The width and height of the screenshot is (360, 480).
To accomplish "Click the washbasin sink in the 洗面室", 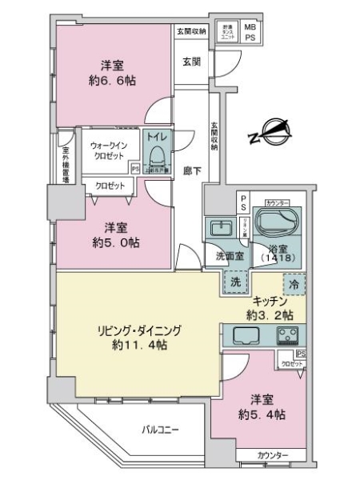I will pyautogui.click(x=218, y=230).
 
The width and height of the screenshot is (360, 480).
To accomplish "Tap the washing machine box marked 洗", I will pyautogui.click(x=235, y=281).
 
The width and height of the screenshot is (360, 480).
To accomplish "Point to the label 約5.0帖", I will pyautogui.click(x=112, y=240).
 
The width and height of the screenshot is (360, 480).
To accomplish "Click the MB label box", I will pyautogui.click(x=250, y=27).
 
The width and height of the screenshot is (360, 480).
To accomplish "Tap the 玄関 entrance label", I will pyautogui.click(x=190, y=61).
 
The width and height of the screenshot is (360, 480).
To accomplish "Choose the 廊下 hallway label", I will pyautogui.click(x=191, y=170).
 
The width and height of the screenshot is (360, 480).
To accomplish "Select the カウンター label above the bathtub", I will pyautogui.click(x=277, y=203).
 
